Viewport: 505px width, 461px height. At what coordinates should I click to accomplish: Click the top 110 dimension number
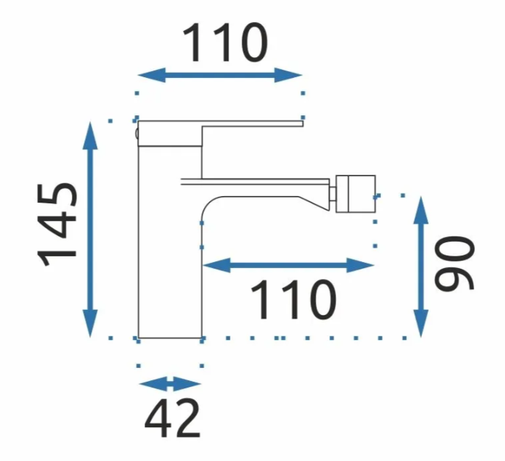click(x=225, y=43)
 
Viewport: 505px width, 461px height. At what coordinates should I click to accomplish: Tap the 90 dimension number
click(x=454, y=263)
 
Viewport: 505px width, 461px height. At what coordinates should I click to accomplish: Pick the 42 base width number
click(x=172, y=418)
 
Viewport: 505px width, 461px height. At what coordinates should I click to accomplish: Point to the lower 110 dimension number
click(x=294, y=300)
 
